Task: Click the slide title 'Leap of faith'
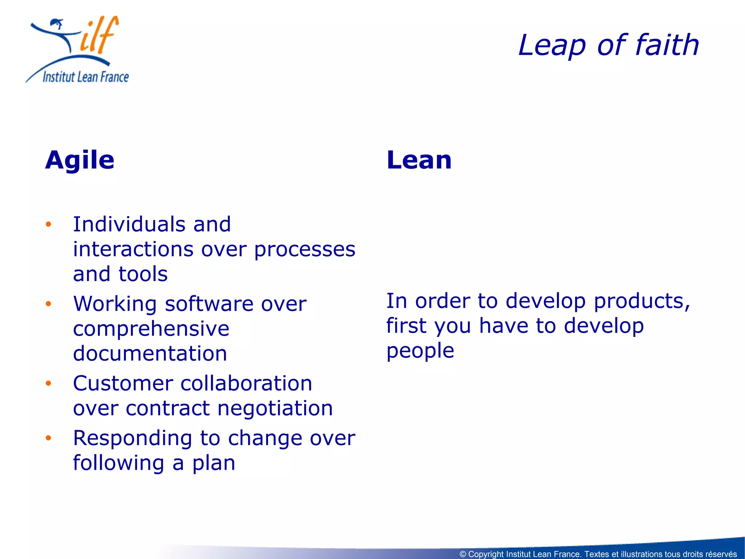608,45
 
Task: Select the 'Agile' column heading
80,160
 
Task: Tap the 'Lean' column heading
419,160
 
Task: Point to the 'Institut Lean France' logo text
86,77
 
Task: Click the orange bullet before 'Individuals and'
48,224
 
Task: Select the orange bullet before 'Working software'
48,304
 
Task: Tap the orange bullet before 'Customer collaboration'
48,383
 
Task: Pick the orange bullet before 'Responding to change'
48,438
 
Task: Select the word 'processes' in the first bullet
304,250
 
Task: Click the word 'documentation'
150,354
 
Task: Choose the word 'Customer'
123,384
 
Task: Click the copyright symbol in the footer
463,554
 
